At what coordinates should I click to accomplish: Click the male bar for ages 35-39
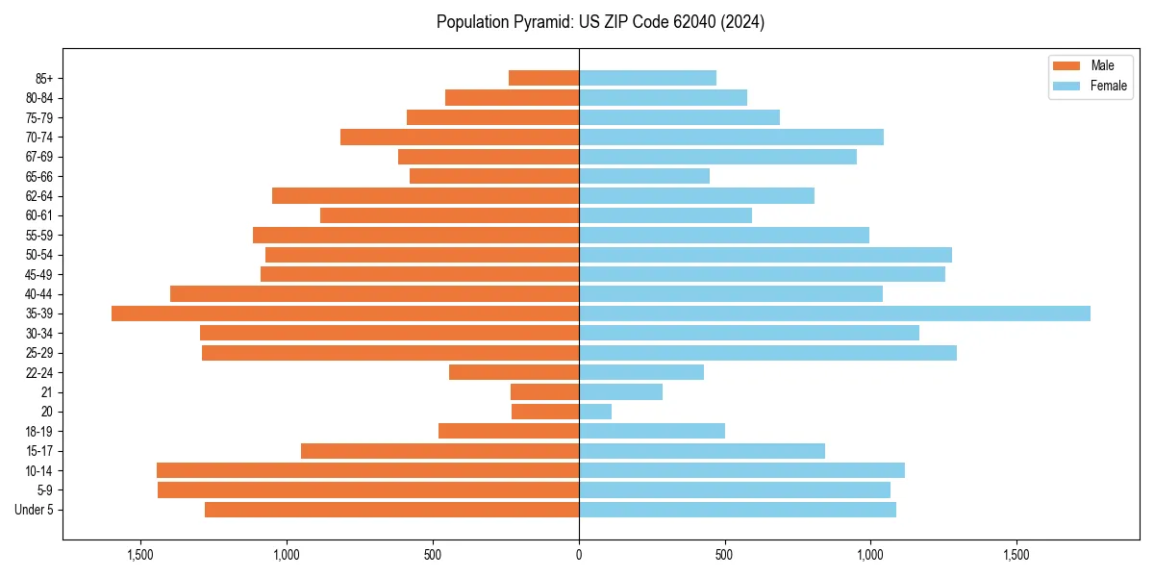[x=345, y=314]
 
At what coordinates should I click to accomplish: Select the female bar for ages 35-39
[x=835, y=314]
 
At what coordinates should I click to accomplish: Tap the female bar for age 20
[x=595, y=412]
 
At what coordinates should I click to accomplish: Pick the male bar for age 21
[x=544, y=392]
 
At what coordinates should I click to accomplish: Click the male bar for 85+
[x=543, y=78]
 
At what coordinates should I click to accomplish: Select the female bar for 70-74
[x=731, y=138]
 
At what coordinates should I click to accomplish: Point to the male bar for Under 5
[x=391, y=510]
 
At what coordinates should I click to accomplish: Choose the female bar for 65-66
[x=644, y=176]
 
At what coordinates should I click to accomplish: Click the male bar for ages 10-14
[x=367, y=470]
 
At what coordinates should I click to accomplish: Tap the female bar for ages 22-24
[x=641, y=372]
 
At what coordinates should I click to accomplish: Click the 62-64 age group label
[x=39, y=196]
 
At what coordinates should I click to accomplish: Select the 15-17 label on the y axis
[x=39, y=451]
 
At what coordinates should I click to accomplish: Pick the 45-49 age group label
[x=39, y=274]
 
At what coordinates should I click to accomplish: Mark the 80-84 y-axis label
[x=39, y=98]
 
